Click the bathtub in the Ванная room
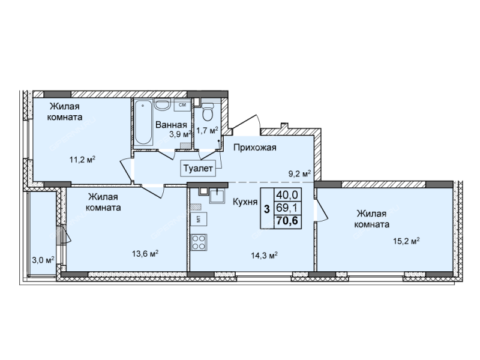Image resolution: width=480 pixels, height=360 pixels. [143, 122]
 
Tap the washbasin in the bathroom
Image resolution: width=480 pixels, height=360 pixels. [162, 104]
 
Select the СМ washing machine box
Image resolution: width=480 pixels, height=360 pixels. [182, 105]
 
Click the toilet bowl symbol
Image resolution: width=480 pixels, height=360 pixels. [208, 112]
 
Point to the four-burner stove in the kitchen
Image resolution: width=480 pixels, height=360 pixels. [199, 242]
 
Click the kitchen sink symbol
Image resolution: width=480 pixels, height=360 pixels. [217, 196]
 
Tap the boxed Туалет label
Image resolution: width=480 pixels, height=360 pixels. [198, 168]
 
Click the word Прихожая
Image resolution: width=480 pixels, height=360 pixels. [254, 148]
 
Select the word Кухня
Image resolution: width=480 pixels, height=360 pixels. [245, 202]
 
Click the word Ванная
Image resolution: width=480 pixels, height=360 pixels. [171, 125]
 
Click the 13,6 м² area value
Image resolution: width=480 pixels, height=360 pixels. [145, 253]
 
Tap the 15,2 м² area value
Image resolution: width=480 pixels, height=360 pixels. [406, 241]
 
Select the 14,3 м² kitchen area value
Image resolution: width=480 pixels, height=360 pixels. [264, 256]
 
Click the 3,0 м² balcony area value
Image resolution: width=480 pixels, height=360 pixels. [43, 260]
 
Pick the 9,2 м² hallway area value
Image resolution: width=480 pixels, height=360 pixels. [299, 174]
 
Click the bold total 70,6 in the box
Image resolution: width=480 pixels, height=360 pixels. [287, 220]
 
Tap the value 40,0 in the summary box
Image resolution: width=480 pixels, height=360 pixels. [287, 194]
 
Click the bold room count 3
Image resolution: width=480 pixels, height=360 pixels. [267, 209]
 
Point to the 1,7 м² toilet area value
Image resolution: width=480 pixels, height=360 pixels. [207, 131]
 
